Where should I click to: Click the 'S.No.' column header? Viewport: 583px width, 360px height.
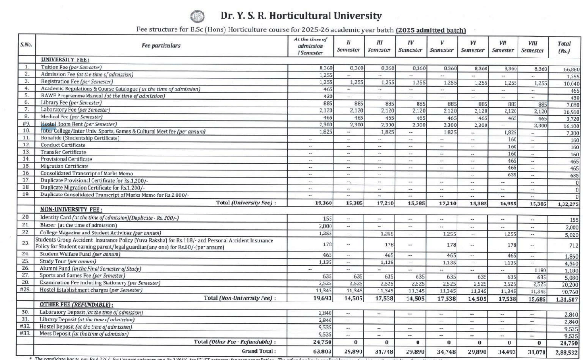26,46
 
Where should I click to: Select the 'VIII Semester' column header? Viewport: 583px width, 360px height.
532,46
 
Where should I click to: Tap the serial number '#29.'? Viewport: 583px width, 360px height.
26,290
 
